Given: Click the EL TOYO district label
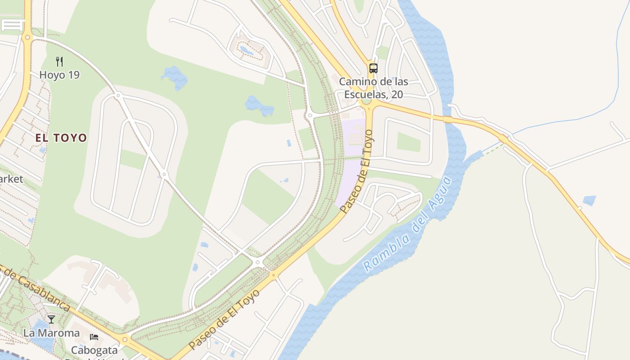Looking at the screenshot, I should click(x=61, y=138).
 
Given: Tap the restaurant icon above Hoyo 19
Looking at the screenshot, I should click(x=59, y=61).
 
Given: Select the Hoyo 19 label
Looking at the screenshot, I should click(x=59, y=75).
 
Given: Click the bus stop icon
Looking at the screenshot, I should click(x=373, y=68).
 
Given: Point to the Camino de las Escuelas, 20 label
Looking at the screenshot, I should click(x=373, y=88).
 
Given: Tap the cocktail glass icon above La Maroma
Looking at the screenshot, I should click(x=51, y=319).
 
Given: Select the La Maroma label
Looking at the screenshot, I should click(x=51, y=333).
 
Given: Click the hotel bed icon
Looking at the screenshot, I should click(x=94, y=337).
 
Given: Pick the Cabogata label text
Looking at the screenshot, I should click(x=94, y=350).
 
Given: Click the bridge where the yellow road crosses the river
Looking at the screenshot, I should click(x=447, y=119).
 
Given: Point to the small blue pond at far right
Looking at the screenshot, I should click(x=589, y=201).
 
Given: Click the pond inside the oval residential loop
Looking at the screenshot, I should click(x=246, y=50).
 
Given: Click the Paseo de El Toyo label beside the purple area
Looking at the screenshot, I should click(x=356, y=171).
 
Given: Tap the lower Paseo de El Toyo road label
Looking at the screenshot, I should click(x=225, y=319).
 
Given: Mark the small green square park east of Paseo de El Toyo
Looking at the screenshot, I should click(x=409, y=142).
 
